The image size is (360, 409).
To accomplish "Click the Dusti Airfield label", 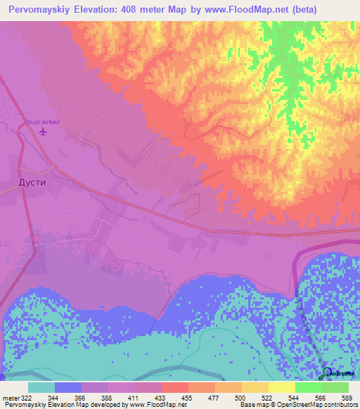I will click(43, 122).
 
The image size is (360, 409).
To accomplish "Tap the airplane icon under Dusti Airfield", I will click(43, 131).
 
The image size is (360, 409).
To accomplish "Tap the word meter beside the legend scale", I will click(9, 398).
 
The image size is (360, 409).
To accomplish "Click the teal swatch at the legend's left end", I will click(41, 387).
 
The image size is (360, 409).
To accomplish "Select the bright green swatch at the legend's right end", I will click(335, 387).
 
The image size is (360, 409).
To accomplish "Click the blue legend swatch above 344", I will click(68, 387).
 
